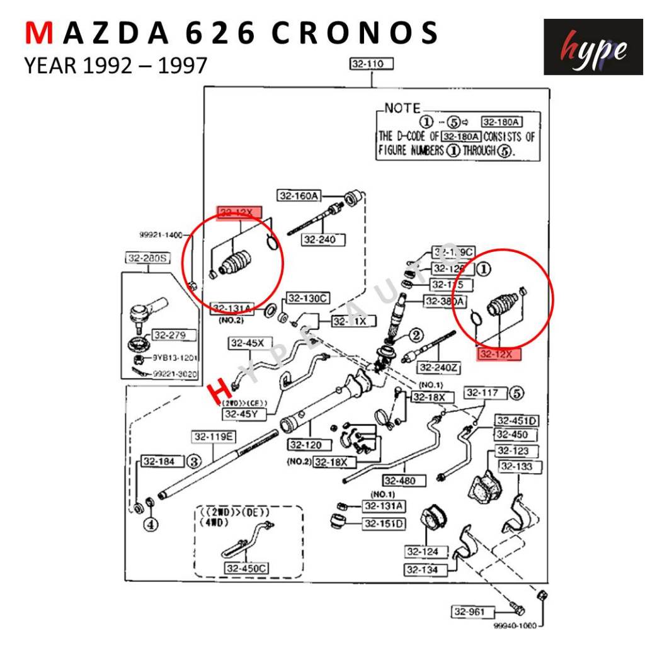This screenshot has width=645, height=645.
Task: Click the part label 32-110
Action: pos(372,64)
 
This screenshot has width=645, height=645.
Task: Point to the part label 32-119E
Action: pos(214,437)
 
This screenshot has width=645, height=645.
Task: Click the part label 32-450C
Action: pos(246,568)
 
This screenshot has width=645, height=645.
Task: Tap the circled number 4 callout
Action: pos(151,523)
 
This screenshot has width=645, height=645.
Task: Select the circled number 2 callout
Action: pos(416,335)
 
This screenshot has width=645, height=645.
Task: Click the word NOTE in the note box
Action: pos(402,108)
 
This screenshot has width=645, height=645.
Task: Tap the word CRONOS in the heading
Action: pos(355,33)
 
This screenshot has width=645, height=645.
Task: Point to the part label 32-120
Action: pos(306,445)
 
